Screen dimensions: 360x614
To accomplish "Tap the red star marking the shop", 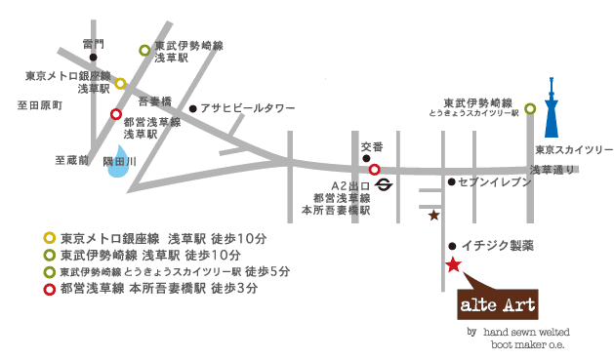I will (x=453, y=264).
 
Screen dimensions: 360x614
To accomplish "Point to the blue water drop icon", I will (x=117, y=167).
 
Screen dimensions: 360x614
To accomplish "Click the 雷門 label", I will (x=93, y=44).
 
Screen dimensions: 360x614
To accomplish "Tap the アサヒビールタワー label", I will (x=247, y=109).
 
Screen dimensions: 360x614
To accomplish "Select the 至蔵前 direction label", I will (x=71, y=158).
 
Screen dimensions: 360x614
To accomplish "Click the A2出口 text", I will (x=349, y=183).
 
